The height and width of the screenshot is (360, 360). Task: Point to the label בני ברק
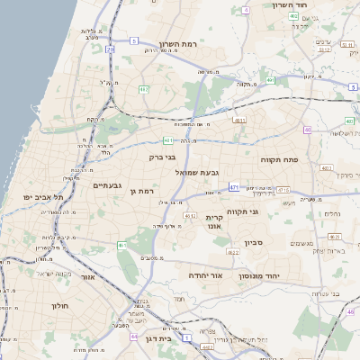(163, 157)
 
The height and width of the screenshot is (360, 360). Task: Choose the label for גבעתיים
(107, 184)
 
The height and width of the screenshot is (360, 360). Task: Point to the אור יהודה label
(204, 274)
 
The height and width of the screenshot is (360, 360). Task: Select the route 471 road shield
(234, 187)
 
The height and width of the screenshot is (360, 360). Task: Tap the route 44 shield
(133, 337)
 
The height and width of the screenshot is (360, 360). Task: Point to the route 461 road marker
(121, 245)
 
